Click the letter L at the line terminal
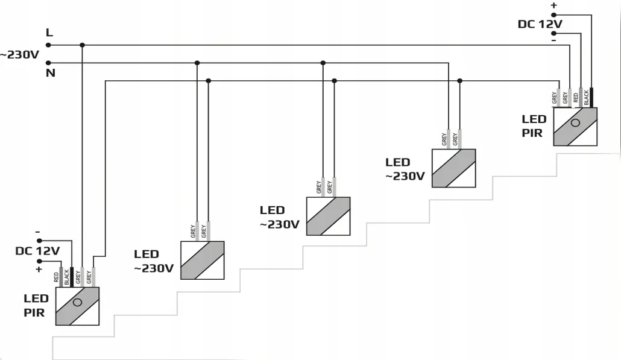pos(49,33)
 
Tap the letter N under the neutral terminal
pos(50,73)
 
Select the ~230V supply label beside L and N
pos(19,55)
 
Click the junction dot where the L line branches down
pos(82,45)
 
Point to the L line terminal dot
pos(48,45)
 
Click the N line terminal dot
pos(48,63)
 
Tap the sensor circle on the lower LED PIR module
pos(77,302)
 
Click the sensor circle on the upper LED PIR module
pos(575,123)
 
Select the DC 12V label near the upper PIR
pos(540,24)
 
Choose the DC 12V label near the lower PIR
pos(37,251)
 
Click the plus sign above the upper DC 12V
pos(553,5)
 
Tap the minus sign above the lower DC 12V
pos(37,232)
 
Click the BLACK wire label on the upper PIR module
pos(587,98)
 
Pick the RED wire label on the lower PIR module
pos(56,277)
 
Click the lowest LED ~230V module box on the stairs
pos(203,260)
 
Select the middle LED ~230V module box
pos(329,216)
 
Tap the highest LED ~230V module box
pos(453,168)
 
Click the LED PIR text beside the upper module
pos(534,126)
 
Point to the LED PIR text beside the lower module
pos(36,305)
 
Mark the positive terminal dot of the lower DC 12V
pos(39,261)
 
